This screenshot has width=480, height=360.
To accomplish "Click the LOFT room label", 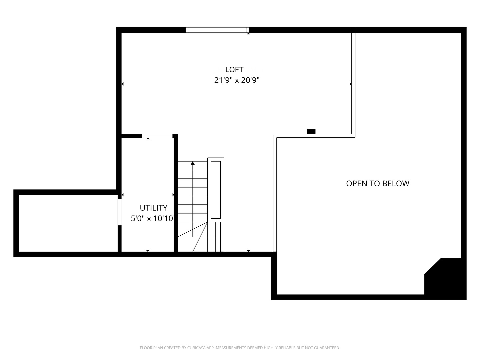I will (234, 69).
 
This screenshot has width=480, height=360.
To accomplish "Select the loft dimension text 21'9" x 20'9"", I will (236, 80).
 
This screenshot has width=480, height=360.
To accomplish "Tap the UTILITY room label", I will (153, 208).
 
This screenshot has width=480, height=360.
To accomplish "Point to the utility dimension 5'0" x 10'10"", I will (153, 219).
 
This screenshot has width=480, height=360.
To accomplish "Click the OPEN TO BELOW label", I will (377, 183).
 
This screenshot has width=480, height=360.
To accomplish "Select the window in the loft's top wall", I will (217, 30).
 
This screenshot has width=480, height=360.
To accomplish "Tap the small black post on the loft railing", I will (311, 131).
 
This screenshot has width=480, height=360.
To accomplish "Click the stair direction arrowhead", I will (193, 163).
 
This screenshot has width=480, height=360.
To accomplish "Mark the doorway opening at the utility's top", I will (157, 135).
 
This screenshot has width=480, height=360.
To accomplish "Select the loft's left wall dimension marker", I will (123, 84).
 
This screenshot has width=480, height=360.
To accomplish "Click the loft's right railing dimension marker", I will (350, 84).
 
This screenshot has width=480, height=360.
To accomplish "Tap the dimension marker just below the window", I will (248, 33).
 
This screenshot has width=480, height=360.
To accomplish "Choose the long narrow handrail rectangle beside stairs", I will (216, 190).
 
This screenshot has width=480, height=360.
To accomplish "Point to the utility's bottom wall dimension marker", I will (148, 251).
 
